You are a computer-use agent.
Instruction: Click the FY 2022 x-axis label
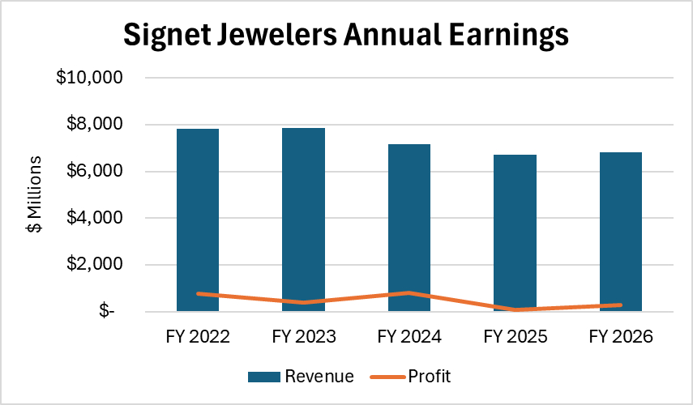[198, 336]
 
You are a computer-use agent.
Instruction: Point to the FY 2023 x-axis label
[303, 336]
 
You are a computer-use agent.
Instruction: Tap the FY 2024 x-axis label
[409, 336]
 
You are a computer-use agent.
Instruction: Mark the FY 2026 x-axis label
[621, 336]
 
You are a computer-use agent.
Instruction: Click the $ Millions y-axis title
[34, 194]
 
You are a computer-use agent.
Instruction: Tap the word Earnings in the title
[503, 36]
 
